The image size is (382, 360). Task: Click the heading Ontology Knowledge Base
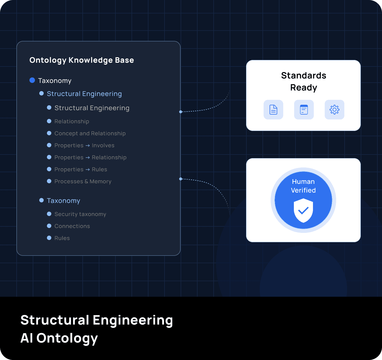82,60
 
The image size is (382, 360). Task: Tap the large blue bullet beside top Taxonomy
32,80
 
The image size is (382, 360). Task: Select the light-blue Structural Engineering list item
84,94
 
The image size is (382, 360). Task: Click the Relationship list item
72,121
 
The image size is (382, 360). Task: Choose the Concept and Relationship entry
90,133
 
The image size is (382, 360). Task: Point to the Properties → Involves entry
84,145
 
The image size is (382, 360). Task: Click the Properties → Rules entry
81,169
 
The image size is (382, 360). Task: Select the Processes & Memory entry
83,181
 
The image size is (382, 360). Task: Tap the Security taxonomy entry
80,214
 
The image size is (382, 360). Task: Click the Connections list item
72,226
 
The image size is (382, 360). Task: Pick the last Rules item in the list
62,238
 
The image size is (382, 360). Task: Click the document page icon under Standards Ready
273,110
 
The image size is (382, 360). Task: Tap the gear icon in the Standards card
334,110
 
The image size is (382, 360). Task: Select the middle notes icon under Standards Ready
304,110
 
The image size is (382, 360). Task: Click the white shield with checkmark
303,210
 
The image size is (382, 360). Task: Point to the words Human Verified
303,186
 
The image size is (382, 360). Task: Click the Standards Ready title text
303,82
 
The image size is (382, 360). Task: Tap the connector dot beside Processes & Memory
181,179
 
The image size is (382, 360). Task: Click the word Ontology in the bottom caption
67,338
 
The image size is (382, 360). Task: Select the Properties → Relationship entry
90,157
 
